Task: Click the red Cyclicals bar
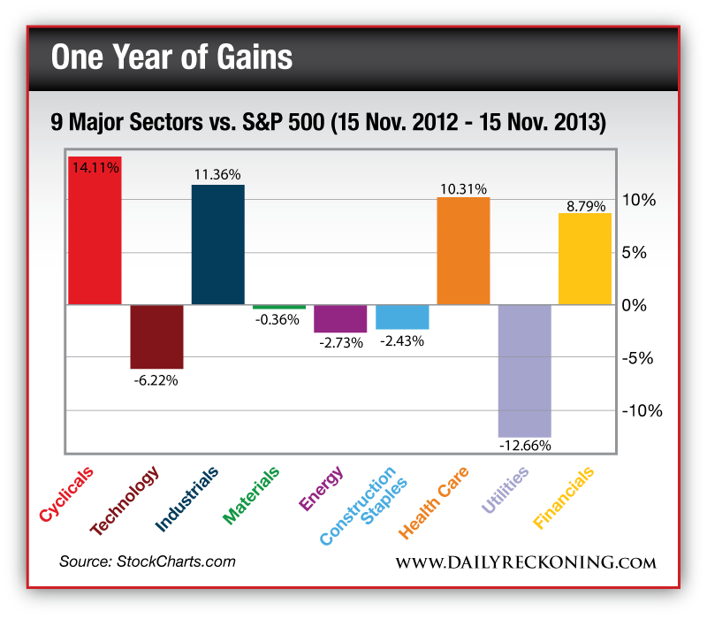95,232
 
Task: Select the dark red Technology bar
157,337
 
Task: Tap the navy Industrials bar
218,245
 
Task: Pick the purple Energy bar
340,318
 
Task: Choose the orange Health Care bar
463,251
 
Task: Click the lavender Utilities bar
524,371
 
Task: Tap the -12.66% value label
525,445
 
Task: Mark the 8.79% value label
586,206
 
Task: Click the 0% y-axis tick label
638,305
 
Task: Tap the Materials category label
253,495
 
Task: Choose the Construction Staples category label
359,506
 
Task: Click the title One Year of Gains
171,58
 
